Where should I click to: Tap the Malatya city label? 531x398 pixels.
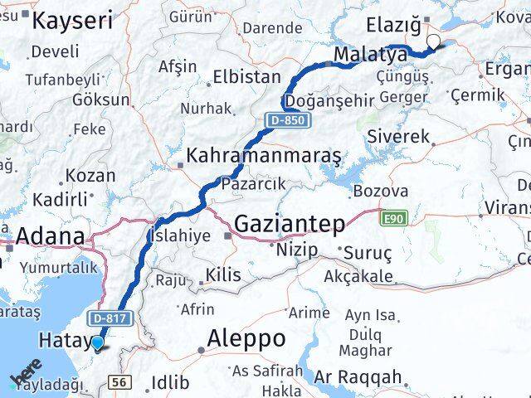pyautogui.click(x=370, y=55)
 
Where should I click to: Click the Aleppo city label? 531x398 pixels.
pyautogui.click(x=246, y=338)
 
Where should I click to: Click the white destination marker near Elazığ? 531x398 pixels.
pyautogui.click(x=433, y=41)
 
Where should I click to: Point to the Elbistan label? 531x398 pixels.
pyautogui.click(x=246, y=77)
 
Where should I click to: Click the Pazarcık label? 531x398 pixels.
pyautogui.click(x=253, y=182)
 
